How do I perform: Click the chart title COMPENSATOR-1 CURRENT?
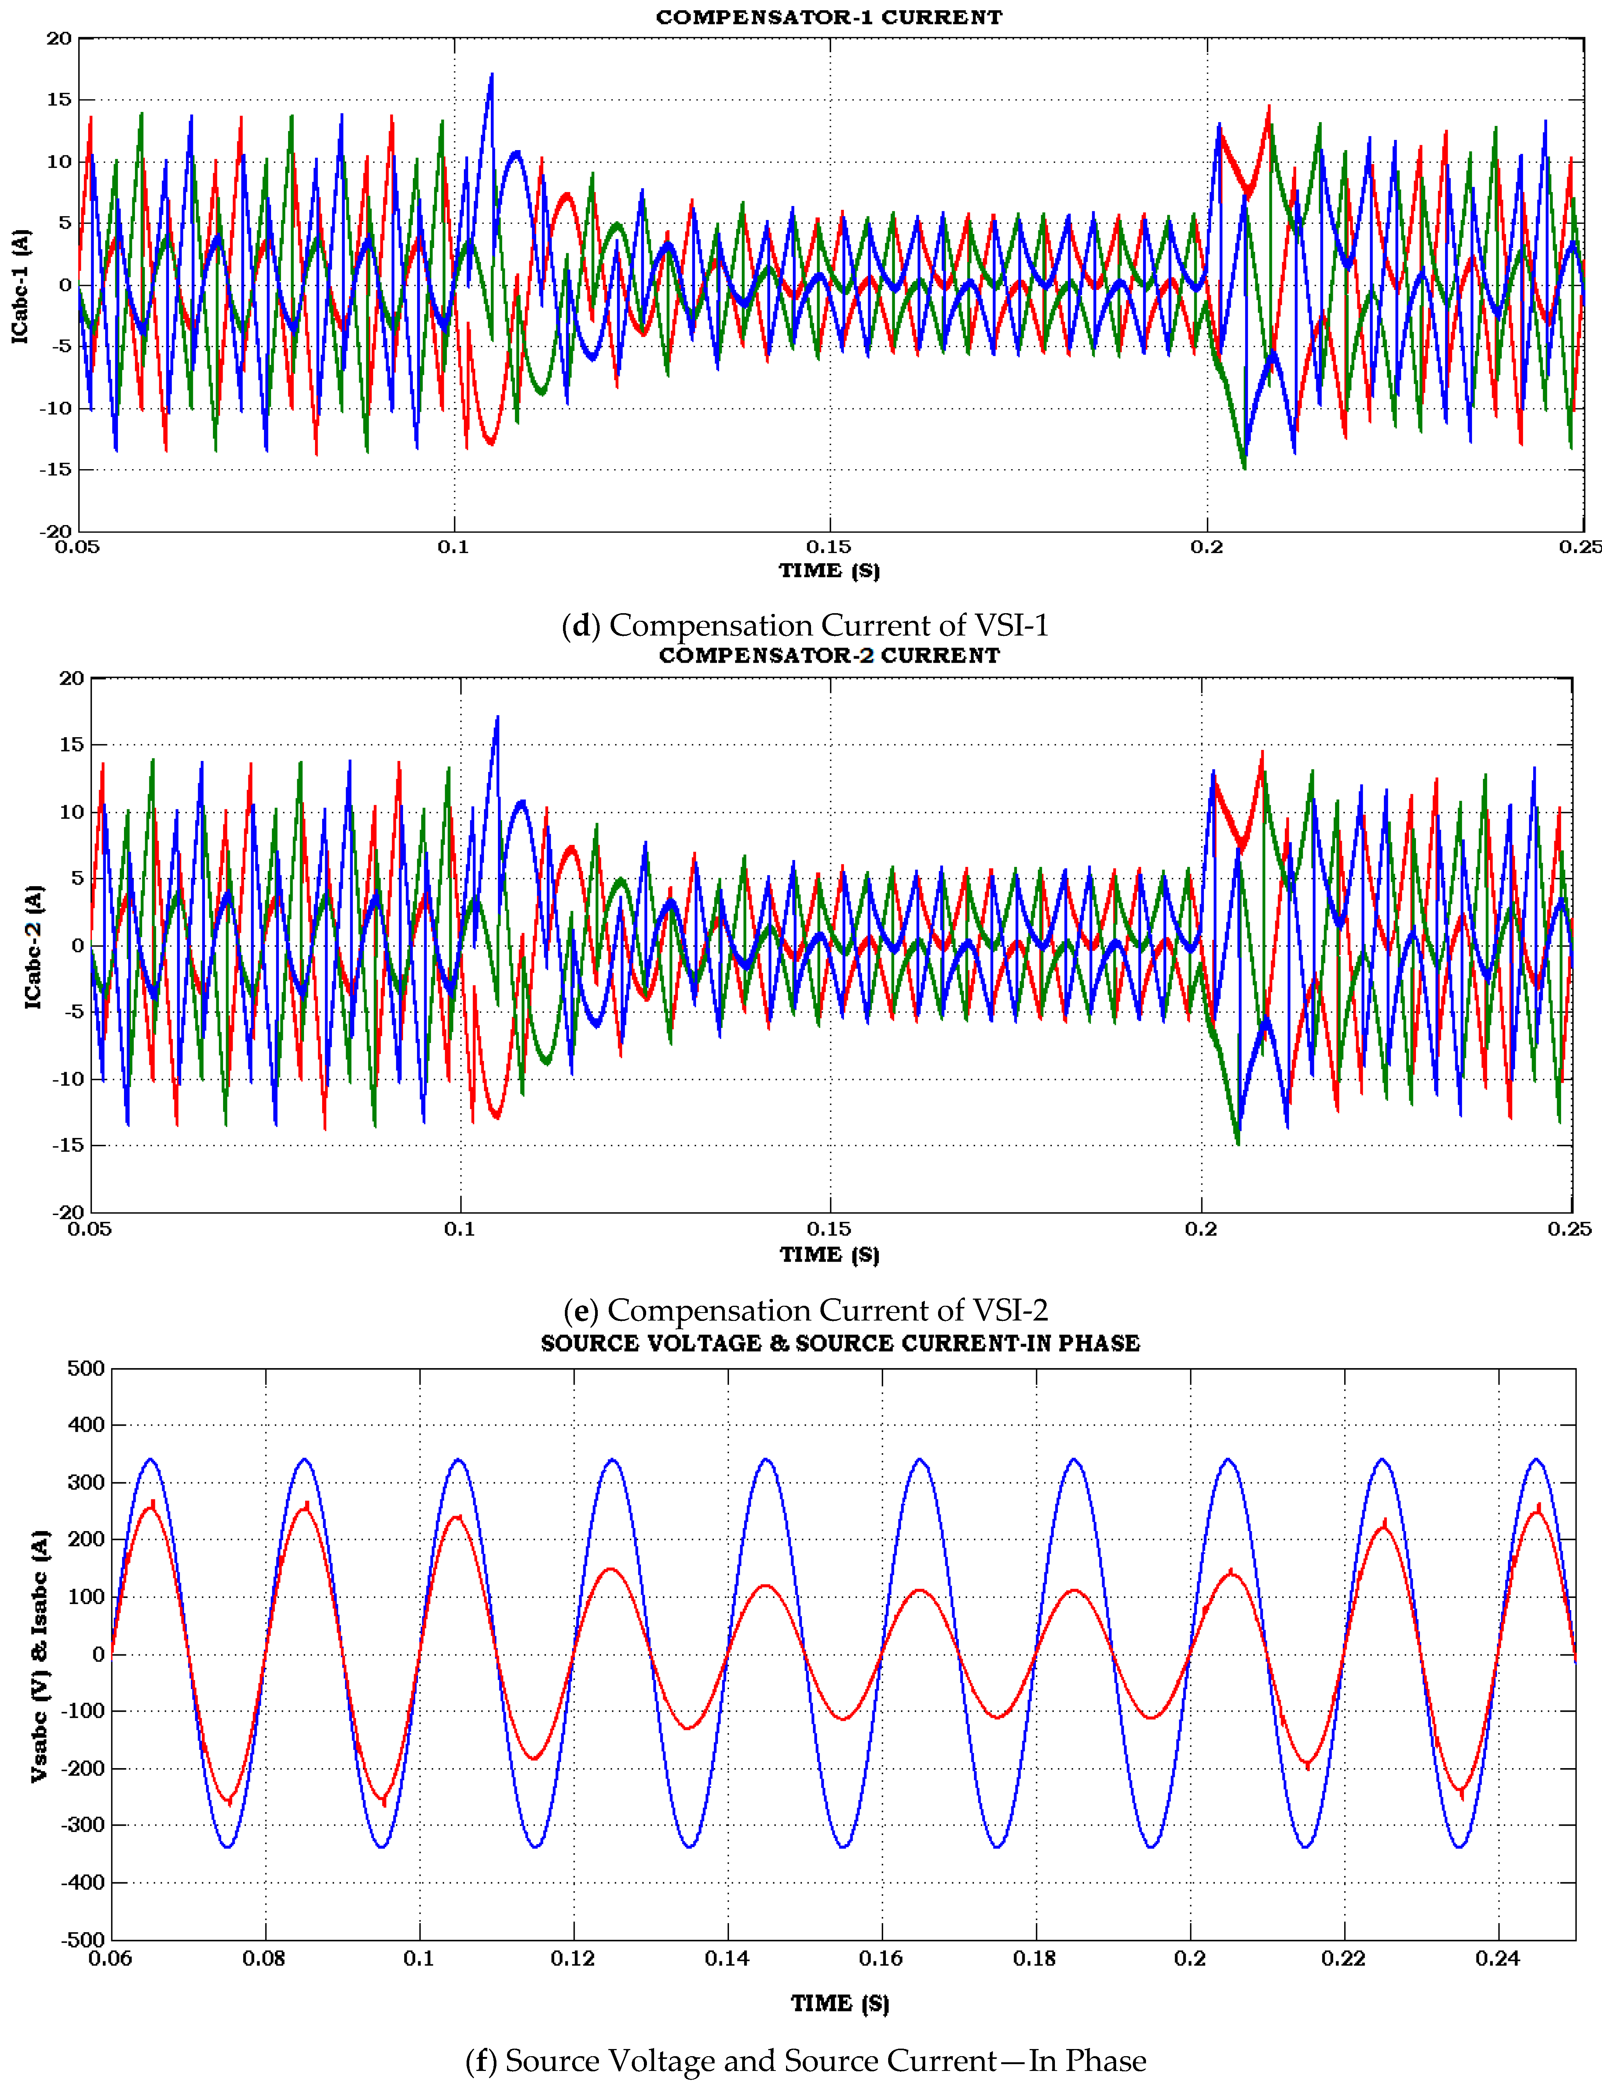point(829,17)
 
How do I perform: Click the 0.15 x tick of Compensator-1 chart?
point(829,546)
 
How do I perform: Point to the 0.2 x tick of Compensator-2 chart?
point(1200,1228)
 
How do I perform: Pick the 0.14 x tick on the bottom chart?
point(727,1959)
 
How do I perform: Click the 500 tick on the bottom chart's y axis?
point(86,1369)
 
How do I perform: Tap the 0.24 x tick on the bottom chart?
point(1497,1959)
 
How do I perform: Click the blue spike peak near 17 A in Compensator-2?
point(497,717)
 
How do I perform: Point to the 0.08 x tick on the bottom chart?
point(264,1959)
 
